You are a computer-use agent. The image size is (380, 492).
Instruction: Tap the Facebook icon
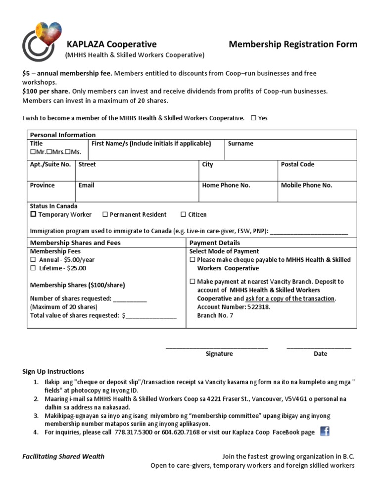click(x=325, y=431)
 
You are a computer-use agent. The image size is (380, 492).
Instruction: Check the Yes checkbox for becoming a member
click(x=254, y=118)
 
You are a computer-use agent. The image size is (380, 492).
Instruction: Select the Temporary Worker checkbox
click(x=34, y=214)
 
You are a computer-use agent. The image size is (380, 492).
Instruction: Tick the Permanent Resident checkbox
click(x=105, y=214)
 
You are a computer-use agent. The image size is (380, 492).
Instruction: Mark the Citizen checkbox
click(x=183, y=214)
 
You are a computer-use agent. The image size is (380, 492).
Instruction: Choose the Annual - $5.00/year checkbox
click(x=34, y=260)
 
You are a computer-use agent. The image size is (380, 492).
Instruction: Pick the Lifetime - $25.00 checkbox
click(x=34, y=268)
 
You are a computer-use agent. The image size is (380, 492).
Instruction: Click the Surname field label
click(x=240, y=144)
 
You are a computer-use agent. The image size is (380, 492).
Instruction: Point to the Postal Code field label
click(x=297, y=164)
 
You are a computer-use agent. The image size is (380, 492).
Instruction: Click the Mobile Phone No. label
click(x=306, y=185)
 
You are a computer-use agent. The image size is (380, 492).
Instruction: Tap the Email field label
click(x=86, y=185)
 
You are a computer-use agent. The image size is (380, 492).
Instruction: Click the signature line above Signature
click(x=217, y=348)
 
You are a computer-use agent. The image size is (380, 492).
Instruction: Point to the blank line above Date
click(x=319, y=348)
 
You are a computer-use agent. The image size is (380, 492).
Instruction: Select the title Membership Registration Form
click(x=293, y=45)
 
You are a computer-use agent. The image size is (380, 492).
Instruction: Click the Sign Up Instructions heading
click(x=53, y=371)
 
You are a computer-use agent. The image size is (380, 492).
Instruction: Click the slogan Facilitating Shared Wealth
click(x=64, y=456)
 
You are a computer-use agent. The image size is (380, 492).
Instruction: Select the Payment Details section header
click(x=215, y=243)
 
